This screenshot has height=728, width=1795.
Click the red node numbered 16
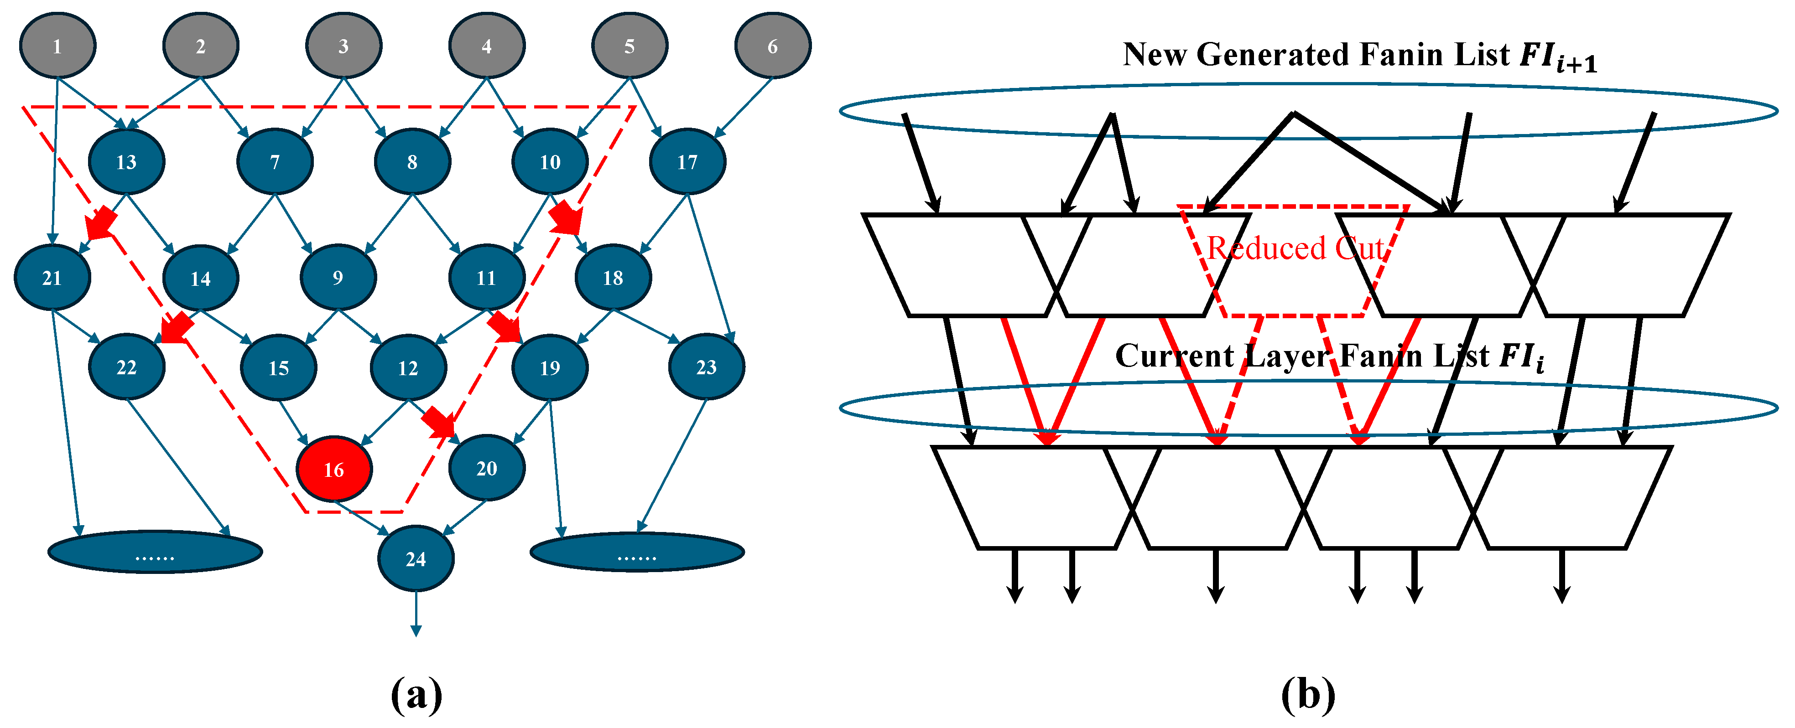point(334,469)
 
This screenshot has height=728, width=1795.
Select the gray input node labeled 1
point(57,46)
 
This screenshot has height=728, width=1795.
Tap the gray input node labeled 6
point(772,46)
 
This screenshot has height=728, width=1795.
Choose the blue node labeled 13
point(126,162)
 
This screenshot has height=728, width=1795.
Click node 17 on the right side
point(687,162)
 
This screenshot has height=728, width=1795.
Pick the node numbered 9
point(338,277)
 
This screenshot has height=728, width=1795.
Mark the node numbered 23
point(706,367)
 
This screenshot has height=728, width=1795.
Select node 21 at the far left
point(52,277)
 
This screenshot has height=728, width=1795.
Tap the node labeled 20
point(486,467)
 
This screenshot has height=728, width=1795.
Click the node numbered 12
point(408,367)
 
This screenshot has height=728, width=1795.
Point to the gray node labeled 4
point(486,46)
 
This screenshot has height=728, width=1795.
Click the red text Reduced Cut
point(1295,248)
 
